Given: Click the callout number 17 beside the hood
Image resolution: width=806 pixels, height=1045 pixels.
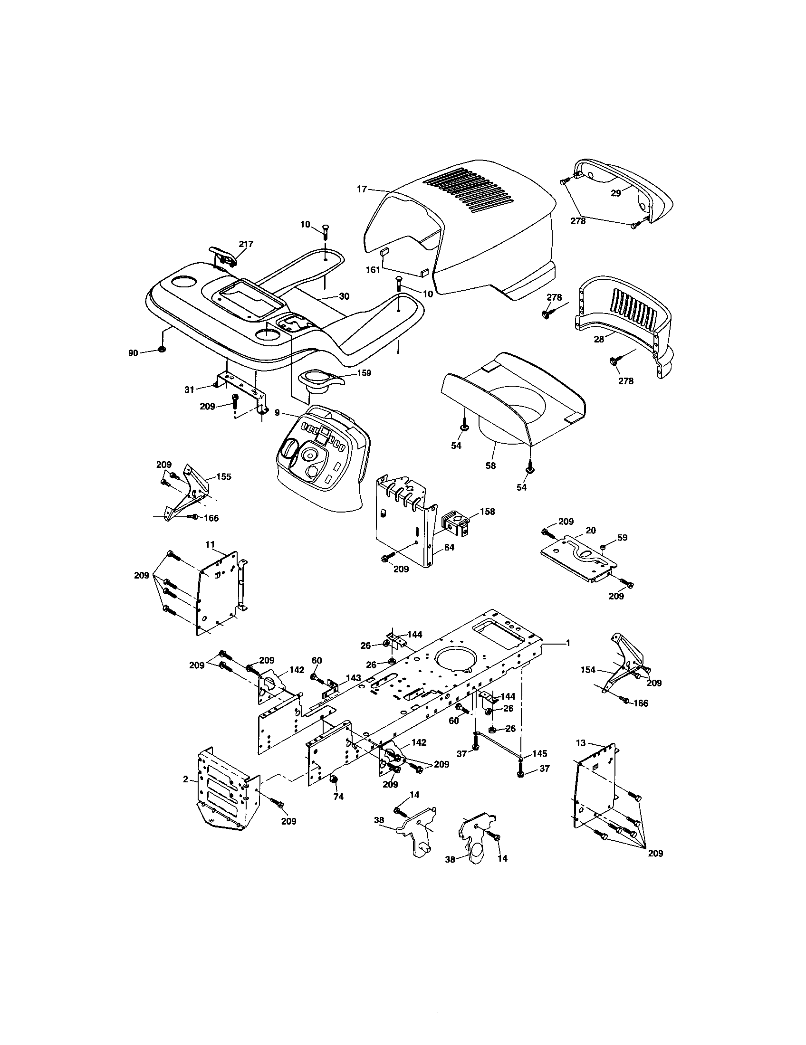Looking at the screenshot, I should click(362, 189).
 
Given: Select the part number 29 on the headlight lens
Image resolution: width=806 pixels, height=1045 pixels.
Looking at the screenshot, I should click(616, 193).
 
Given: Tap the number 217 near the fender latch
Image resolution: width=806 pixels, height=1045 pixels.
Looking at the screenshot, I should click(246, 244).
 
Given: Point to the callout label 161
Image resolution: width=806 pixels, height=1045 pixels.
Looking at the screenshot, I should click(373, 270).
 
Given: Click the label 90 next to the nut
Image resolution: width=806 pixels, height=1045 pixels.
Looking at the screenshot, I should click(133, 353).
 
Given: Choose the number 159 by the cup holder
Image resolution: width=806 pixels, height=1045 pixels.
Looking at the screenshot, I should click(364, 373).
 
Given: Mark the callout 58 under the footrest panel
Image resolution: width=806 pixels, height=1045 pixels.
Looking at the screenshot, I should click(490, 465).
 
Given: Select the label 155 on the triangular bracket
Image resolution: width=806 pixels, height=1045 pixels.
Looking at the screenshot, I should click(223, 476).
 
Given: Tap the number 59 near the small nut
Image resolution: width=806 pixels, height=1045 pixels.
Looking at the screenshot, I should click(622, 538).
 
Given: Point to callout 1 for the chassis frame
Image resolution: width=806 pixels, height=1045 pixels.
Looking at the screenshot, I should click(568, 643).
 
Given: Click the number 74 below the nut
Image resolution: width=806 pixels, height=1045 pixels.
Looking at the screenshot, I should click(338, 797).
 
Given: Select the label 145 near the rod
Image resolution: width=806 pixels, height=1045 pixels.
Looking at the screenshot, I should click(539, 754).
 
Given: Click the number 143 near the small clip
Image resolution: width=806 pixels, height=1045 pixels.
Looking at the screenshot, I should click(353, 678).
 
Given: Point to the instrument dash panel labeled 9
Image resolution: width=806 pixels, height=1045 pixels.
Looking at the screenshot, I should click(321, 455).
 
